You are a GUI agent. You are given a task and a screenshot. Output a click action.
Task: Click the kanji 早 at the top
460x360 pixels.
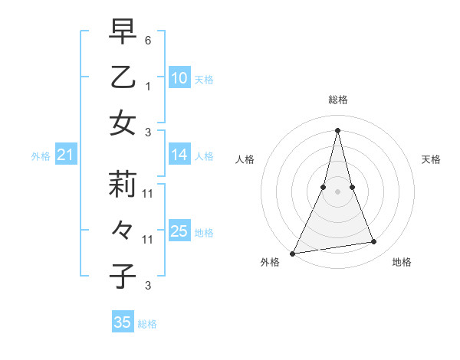[123, 32]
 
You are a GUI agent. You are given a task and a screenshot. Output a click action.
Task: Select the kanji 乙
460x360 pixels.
[123, 78]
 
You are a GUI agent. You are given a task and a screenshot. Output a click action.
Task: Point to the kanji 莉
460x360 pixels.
[123, 185]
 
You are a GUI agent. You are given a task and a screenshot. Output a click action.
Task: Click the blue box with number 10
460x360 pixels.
[179, 77]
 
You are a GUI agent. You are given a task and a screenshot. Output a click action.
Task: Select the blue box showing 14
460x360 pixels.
[179, 155]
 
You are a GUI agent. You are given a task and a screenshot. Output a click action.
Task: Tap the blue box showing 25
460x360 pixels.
[179, 231]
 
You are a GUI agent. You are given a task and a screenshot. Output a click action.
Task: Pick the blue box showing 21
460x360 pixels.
[66, 155]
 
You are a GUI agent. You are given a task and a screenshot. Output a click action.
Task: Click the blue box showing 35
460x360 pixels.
[123, 322]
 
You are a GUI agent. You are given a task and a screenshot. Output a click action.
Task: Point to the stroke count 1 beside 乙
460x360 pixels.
[148, 86]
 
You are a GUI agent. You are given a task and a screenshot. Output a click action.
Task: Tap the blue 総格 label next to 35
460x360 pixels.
[147, 324]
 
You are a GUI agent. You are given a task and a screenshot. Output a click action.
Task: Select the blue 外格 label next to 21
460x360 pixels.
[41, 156]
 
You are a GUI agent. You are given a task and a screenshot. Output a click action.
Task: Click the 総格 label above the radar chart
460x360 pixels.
[337, 100]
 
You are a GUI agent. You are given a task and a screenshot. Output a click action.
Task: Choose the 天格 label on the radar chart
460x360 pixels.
[432, 159]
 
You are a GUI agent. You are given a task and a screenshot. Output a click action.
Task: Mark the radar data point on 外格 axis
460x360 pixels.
[293, 253]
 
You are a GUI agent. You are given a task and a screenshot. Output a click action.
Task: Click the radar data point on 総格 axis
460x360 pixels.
[337, 129]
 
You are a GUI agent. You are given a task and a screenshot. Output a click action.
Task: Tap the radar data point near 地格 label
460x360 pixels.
[374, 242]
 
